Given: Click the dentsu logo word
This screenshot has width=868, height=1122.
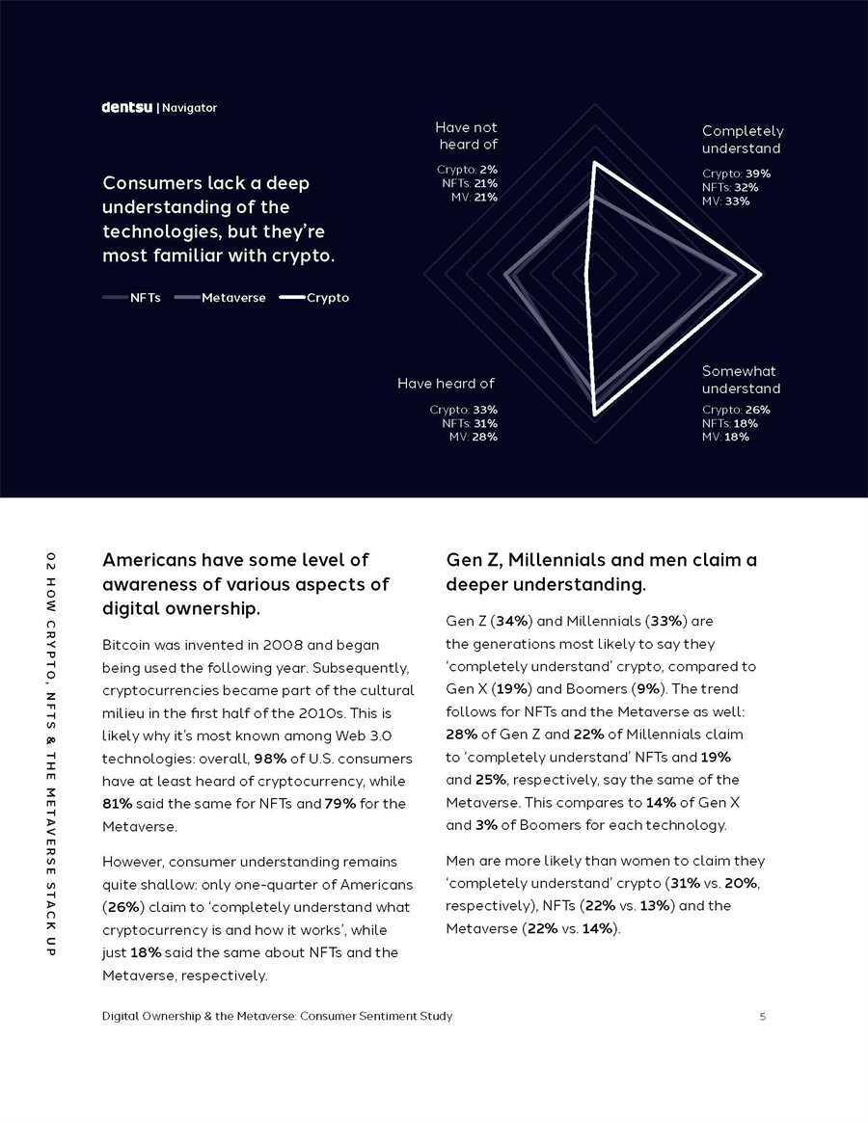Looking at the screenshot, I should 127,107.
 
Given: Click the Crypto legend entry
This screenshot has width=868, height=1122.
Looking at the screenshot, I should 328,298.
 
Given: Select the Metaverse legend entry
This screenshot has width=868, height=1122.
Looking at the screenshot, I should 233,298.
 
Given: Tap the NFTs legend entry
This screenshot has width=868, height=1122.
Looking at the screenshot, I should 145,298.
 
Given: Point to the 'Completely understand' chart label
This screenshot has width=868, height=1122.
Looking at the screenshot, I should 742,140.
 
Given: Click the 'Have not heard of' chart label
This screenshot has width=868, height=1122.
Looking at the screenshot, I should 467,136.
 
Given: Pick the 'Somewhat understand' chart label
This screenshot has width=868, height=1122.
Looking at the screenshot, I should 741,380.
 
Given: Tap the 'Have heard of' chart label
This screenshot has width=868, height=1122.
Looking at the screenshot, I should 446,384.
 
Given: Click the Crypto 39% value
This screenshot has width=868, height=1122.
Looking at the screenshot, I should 757,174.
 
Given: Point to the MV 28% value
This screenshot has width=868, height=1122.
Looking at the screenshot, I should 485,437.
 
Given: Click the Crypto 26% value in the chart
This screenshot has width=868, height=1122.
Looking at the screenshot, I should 757,410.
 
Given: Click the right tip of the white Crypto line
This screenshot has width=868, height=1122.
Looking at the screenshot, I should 761,277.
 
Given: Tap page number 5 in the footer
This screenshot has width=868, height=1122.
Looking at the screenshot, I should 762,1016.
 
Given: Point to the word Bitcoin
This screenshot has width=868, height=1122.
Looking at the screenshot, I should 126,644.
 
